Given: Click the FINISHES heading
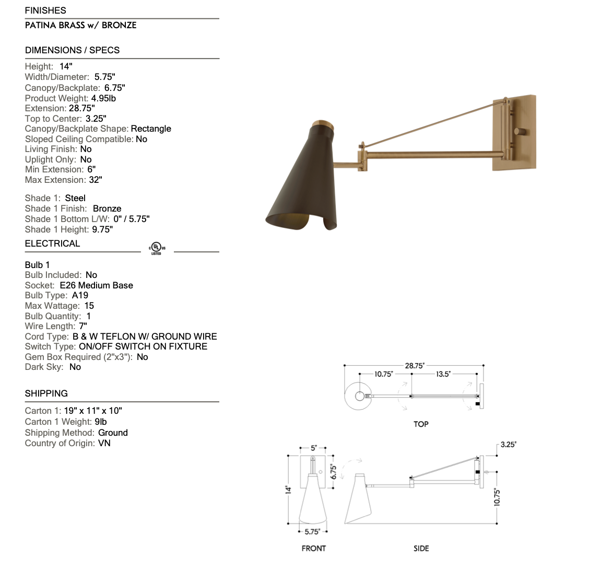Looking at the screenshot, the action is pos(45,10).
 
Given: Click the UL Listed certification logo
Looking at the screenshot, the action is pos(157,249).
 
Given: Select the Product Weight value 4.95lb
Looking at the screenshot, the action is pos(103,98).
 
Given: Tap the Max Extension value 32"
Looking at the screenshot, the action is pos(96,180).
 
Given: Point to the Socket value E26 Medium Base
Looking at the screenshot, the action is pos(96,285).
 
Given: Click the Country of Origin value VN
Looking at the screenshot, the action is pos(104,443).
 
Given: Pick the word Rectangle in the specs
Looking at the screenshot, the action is pos(151,129).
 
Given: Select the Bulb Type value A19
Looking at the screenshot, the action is pos(80,296).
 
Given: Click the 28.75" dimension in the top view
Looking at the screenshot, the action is pos(415,366).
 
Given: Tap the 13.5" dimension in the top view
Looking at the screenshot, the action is pos(443,374).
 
